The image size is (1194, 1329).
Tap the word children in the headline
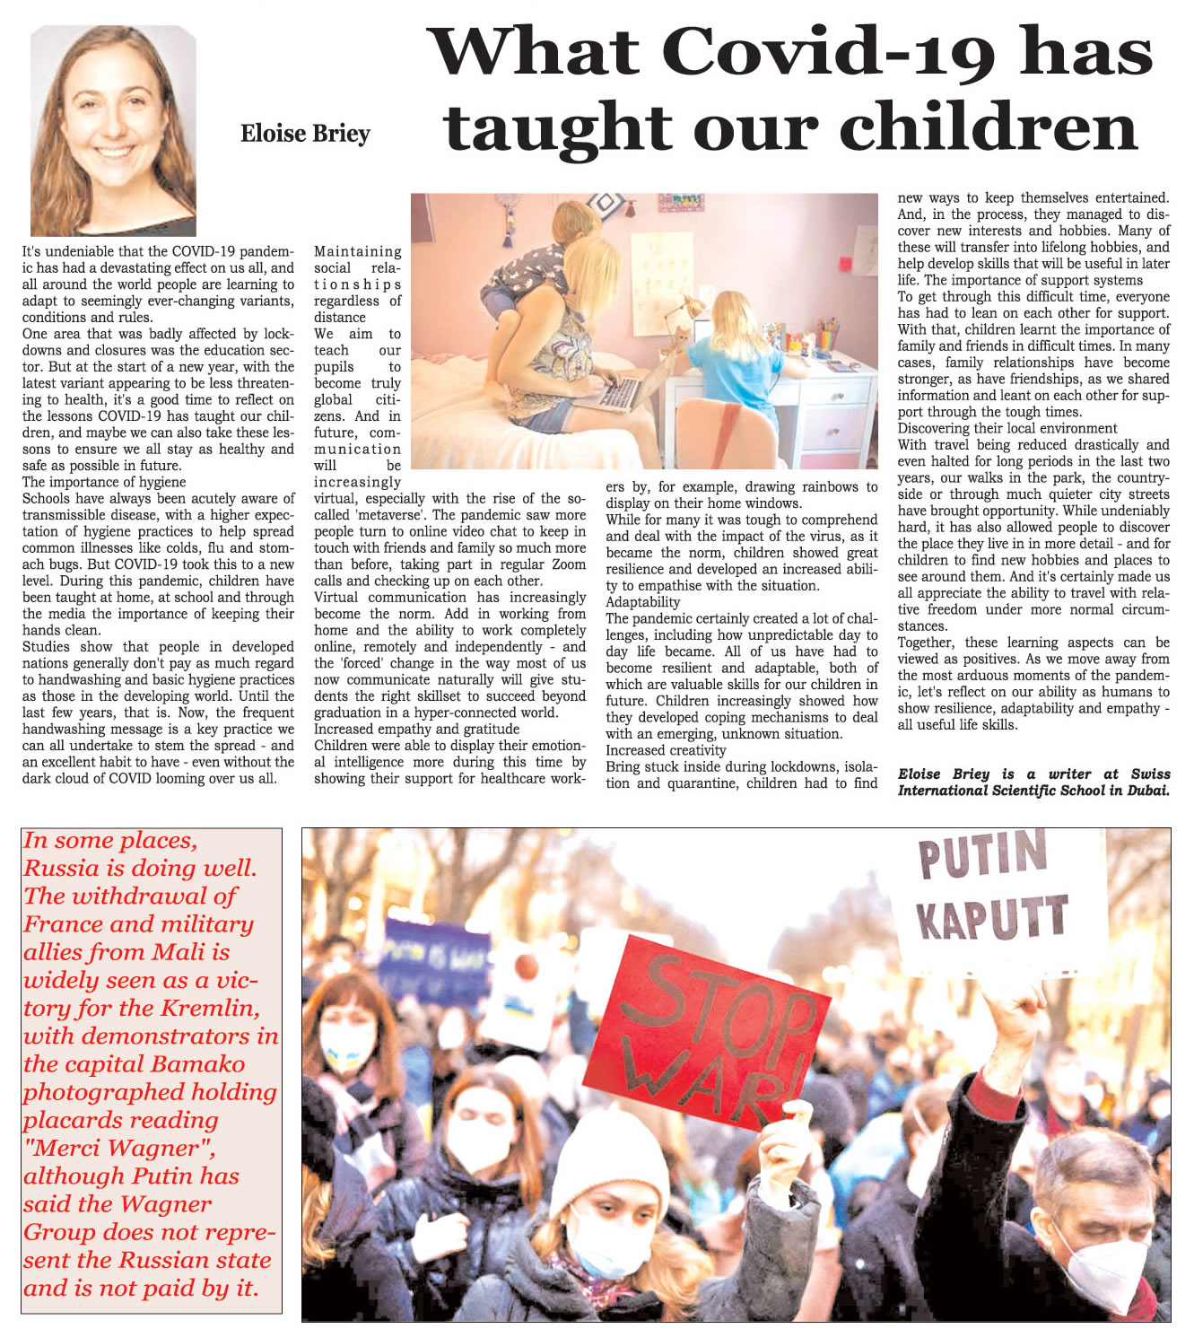pyautogui.click(x=988, y=128)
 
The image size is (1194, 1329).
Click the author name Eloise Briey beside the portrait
pyautogui.click(x=305, y=134)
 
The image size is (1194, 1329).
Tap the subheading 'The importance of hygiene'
pyautogui.click(x=104, y=482)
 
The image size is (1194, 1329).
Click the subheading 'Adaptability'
pyautogui.click(x=642, y=602)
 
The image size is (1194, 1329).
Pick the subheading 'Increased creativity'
pyautogui.click(x=666, y=750)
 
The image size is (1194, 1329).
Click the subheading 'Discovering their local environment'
pyautogui.click(x=1007, y=428)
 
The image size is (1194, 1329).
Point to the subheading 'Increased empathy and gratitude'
pyautogui.click(x=416, y=729)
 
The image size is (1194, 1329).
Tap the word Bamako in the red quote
pyautogui.click(x=198, y=1064)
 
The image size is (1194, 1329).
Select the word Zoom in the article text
pyautogui.click(x=568, y=564)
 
